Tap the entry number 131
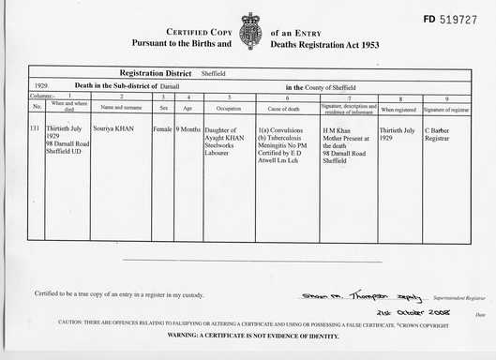pos(36,126)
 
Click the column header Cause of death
pos(286,108)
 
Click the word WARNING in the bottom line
pos(186,335)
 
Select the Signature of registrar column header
pos(446,108)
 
